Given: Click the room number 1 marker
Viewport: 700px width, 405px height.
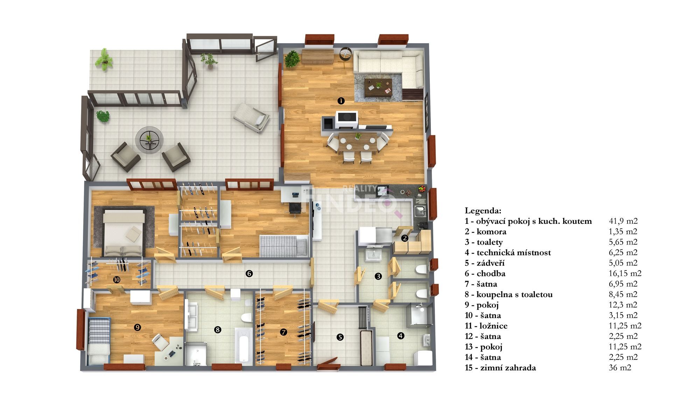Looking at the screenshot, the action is click(x=341, y=101).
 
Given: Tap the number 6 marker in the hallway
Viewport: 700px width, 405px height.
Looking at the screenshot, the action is click(x=249, y=273).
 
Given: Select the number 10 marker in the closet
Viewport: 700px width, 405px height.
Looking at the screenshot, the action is click(x=117, y=280).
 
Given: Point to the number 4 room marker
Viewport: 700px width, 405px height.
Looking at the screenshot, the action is click(x=400, y=336).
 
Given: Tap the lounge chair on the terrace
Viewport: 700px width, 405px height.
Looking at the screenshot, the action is click(x=252, y=117).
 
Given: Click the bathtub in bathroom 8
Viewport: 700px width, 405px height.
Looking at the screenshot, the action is click(x=243, y=346).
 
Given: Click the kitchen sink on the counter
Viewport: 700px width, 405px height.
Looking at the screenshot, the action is click(x=420, y=211).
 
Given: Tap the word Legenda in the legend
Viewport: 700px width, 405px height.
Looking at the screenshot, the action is click(x=483, y=211).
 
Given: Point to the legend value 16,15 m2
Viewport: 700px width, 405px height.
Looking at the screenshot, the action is click(x=625, y=273).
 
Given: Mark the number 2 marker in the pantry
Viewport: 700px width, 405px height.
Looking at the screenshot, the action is click(x=405, y=238).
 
